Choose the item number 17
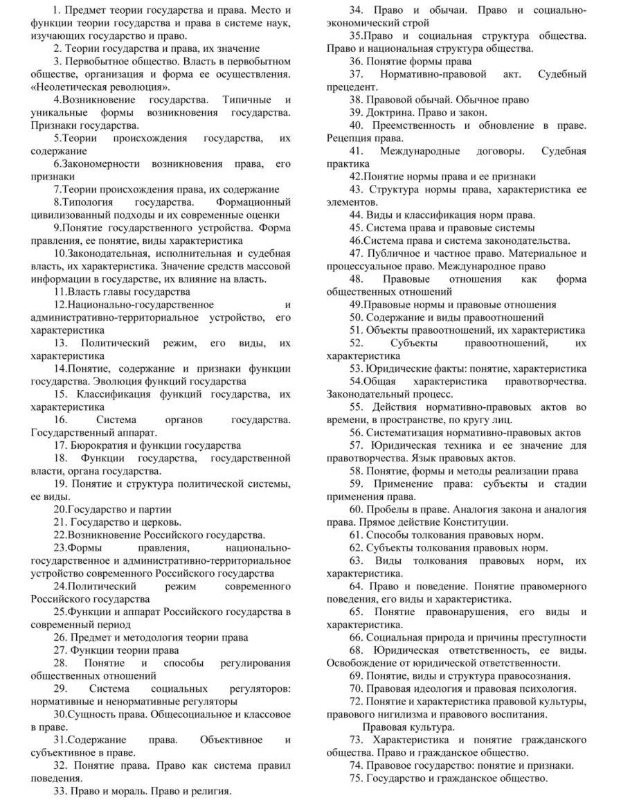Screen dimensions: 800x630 coord(60,445)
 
